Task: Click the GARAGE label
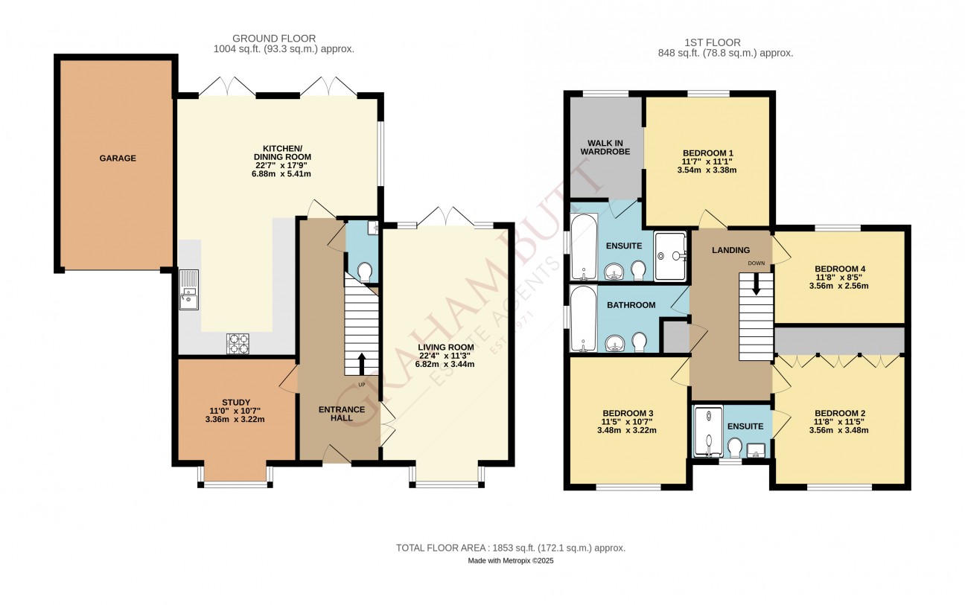(118, 158)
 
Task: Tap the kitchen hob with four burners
(238, 344)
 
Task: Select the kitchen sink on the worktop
(189, 289)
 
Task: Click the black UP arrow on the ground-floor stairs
(361, 364)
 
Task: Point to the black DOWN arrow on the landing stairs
(756, 286)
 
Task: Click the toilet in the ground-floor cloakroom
(366, 272)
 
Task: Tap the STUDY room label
(236, 403)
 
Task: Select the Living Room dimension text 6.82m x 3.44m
(445, 365)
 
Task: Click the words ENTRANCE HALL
(342, 414)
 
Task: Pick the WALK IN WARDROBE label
(605, 147)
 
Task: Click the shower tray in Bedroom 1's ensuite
(670, 257)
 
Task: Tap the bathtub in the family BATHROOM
(584, 318)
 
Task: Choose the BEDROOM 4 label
(839, 269)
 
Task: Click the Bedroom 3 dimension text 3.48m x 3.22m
(627, 430)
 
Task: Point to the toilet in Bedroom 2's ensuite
(735, 447)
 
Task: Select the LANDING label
(730, 250)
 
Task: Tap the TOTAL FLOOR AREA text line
(511, 548)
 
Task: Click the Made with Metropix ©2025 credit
(511, 561)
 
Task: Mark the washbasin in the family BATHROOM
(615, 344)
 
